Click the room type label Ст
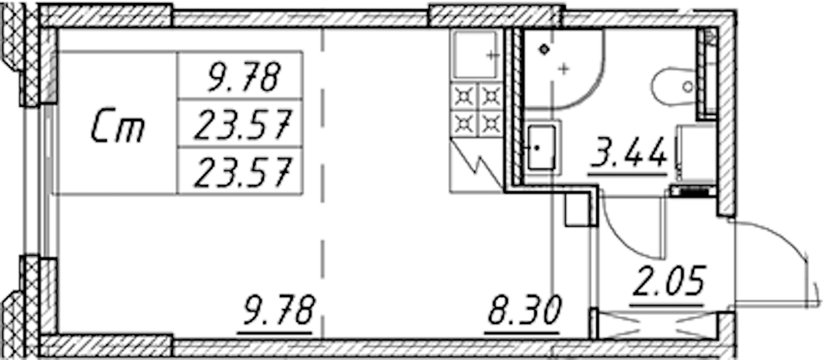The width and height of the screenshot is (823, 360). coord(118,125)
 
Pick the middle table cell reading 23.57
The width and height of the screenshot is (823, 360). coord(243,125)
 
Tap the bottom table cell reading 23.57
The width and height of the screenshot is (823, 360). coord(243,172)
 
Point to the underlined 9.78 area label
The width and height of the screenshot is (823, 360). coord(278,311)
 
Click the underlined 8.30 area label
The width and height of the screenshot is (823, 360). coord(525,311)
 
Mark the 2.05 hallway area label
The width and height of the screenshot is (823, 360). coord(669,283)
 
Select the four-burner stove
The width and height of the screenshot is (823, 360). coord(477,110)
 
